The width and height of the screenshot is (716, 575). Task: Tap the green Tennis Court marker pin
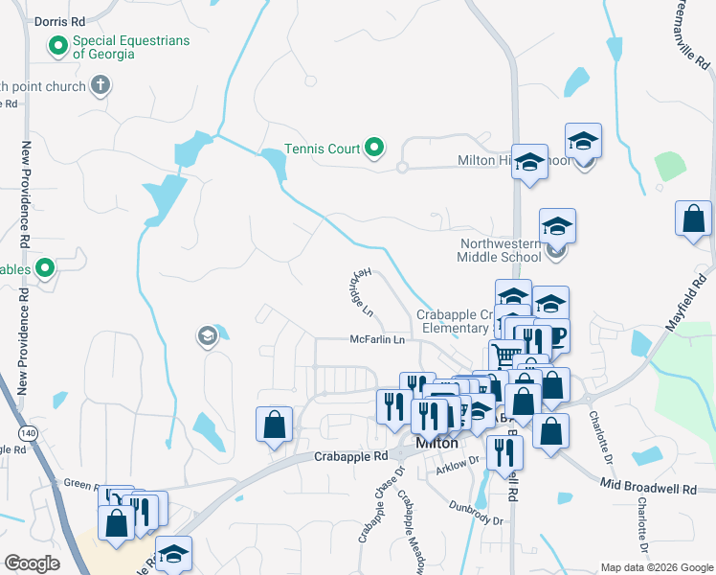click(x=375, y=149)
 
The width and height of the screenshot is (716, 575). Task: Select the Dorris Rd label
click(x=58, y=20)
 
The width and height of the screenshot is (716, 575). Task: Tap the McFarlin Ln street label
click(x=377, y=339)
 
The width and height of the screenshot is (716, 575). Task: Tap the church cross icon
click(x=99, y=85)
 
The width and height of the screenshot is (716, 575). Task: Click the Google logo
click(x=31, y=563)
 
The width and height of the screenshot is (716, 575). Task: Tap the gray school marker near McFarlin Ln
click(x=206, y=335)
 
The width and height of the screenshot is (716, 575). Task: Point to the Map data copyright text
click(x=656, y=567)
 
